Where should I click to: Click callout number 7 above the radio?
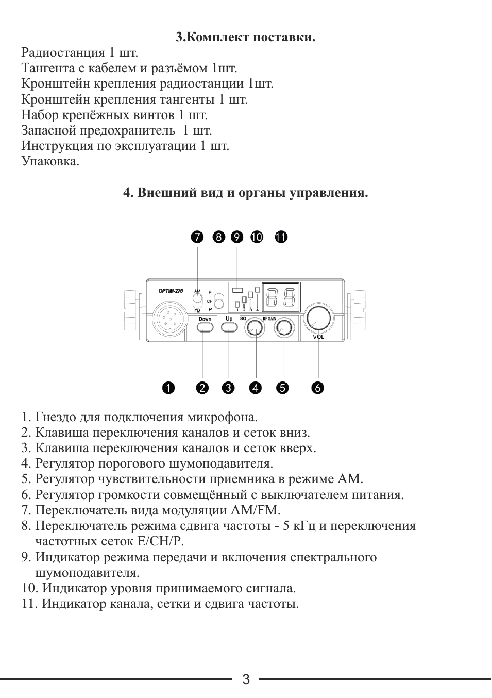(x=197, y=237)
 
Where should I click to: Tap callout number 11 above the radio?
(x=281, y=237)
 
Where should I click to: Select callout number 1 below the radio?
(x=168, y=388)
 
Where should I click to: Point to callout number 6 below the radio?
(x=318, y=388)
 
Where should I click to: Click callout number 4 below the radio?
(x=256, y=388)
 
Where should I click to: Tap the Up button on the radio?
(x=229, y=328)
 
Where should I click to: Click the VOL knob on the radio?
(x=318, y=318)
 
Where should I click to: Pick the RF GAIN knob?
(x=283, y=328)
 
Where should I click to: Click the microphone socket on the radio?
(x=169, y=321)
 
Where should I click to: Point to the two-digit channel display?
(x=281, y=297)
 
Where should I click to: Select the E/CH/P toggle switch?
(x=219, y=301)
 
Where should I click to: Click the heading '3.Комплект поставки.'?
(x=245, y=37)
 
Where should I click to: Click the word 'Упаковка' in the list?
(x=50, y=161)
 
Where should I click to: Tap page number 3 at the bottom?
(x=246, y=679)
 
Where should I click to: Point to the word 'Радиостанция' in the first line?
(x=63, y=53)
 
